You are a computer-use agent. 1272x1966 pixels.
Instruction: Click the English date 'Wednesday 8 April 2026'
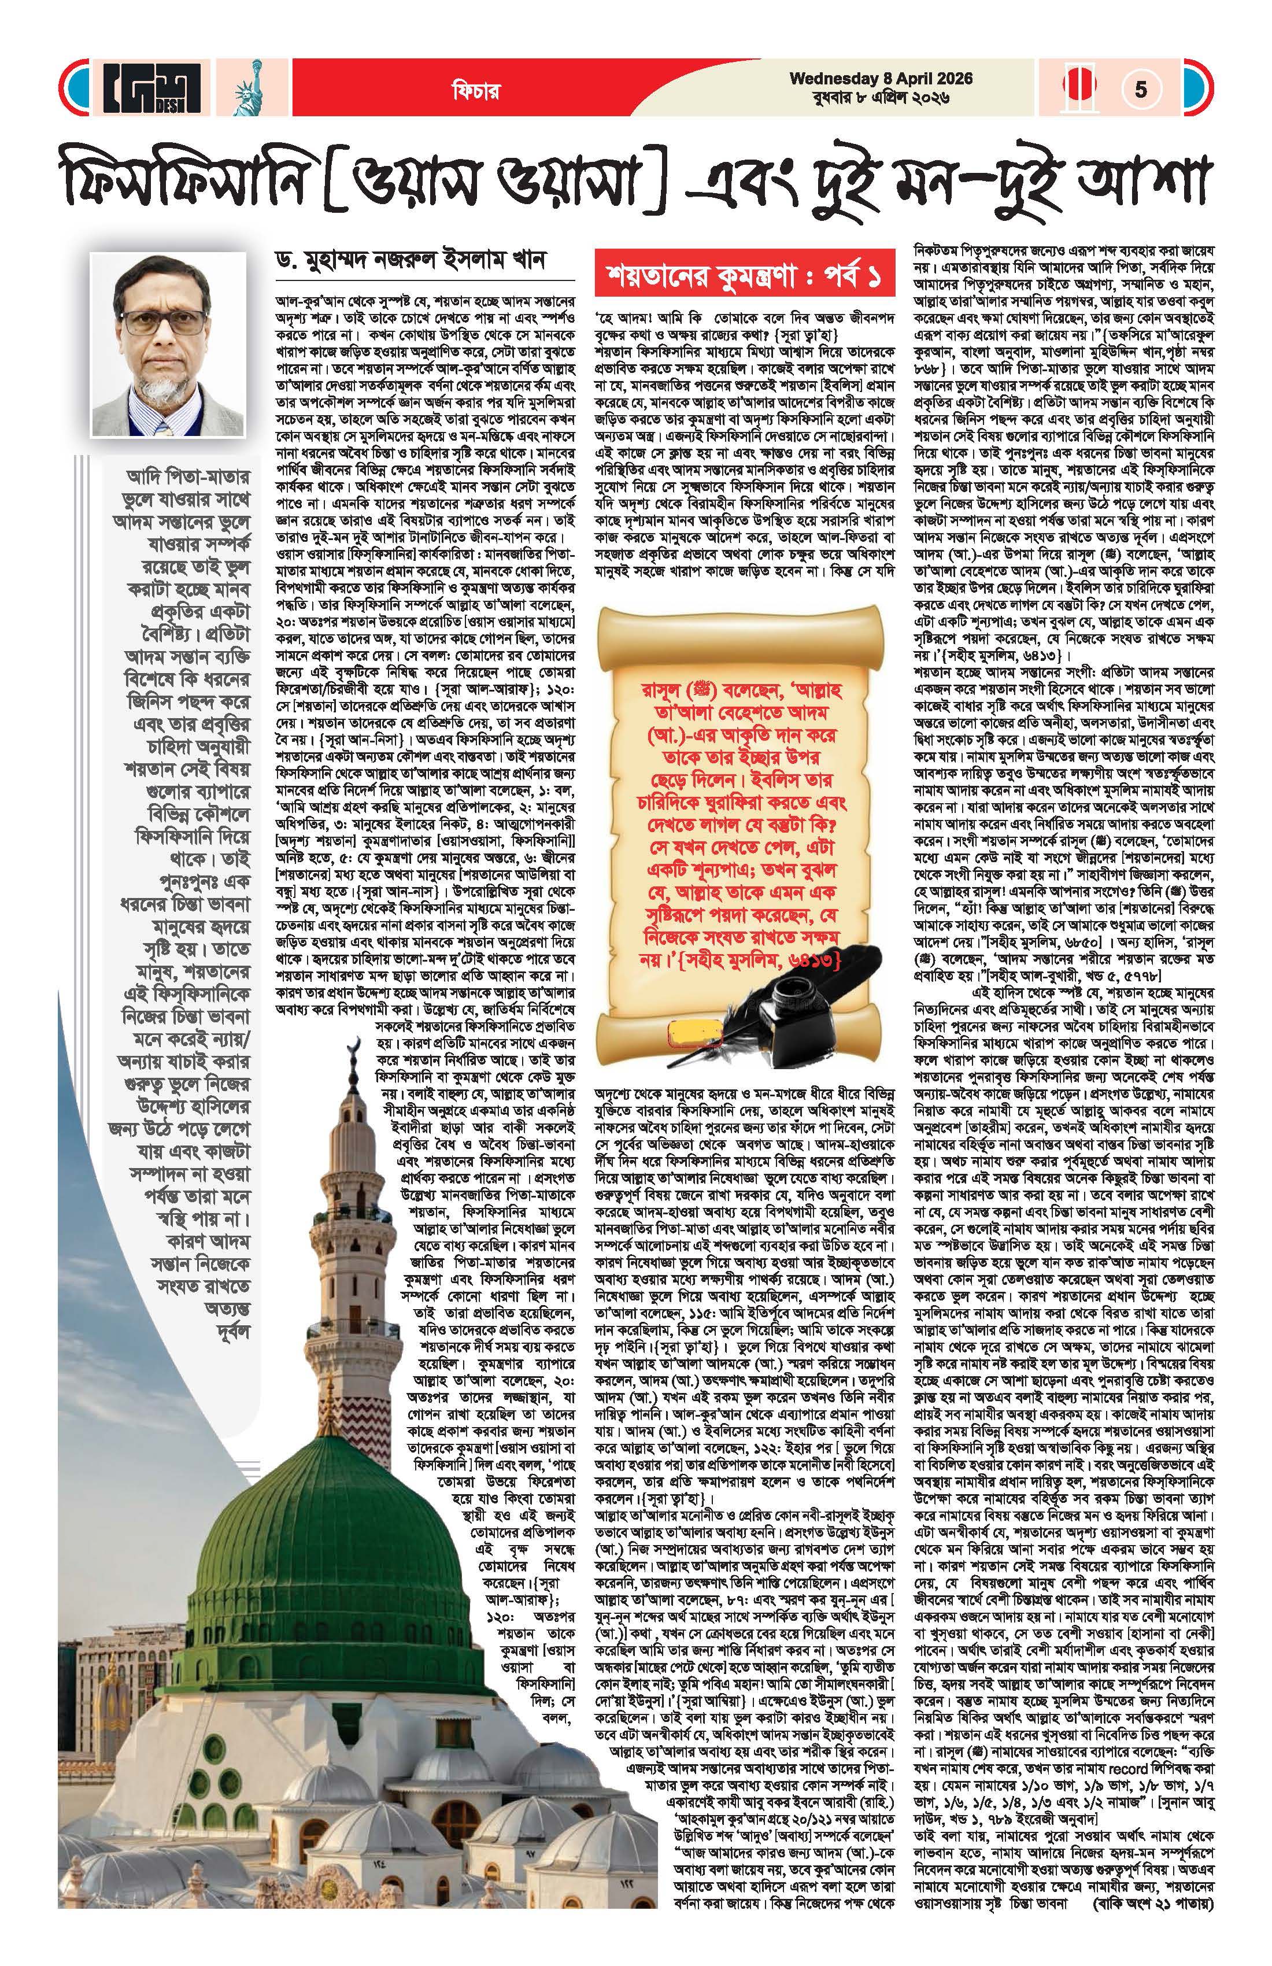pos(881,79)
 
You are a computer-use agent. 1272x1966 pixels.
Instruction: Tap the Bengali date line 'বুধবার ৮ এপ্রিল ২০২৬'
pos(881,98)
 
